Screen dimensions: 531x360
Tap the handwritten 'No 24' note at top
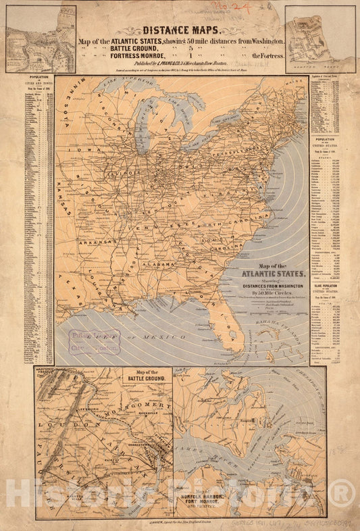coord(257,7)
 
